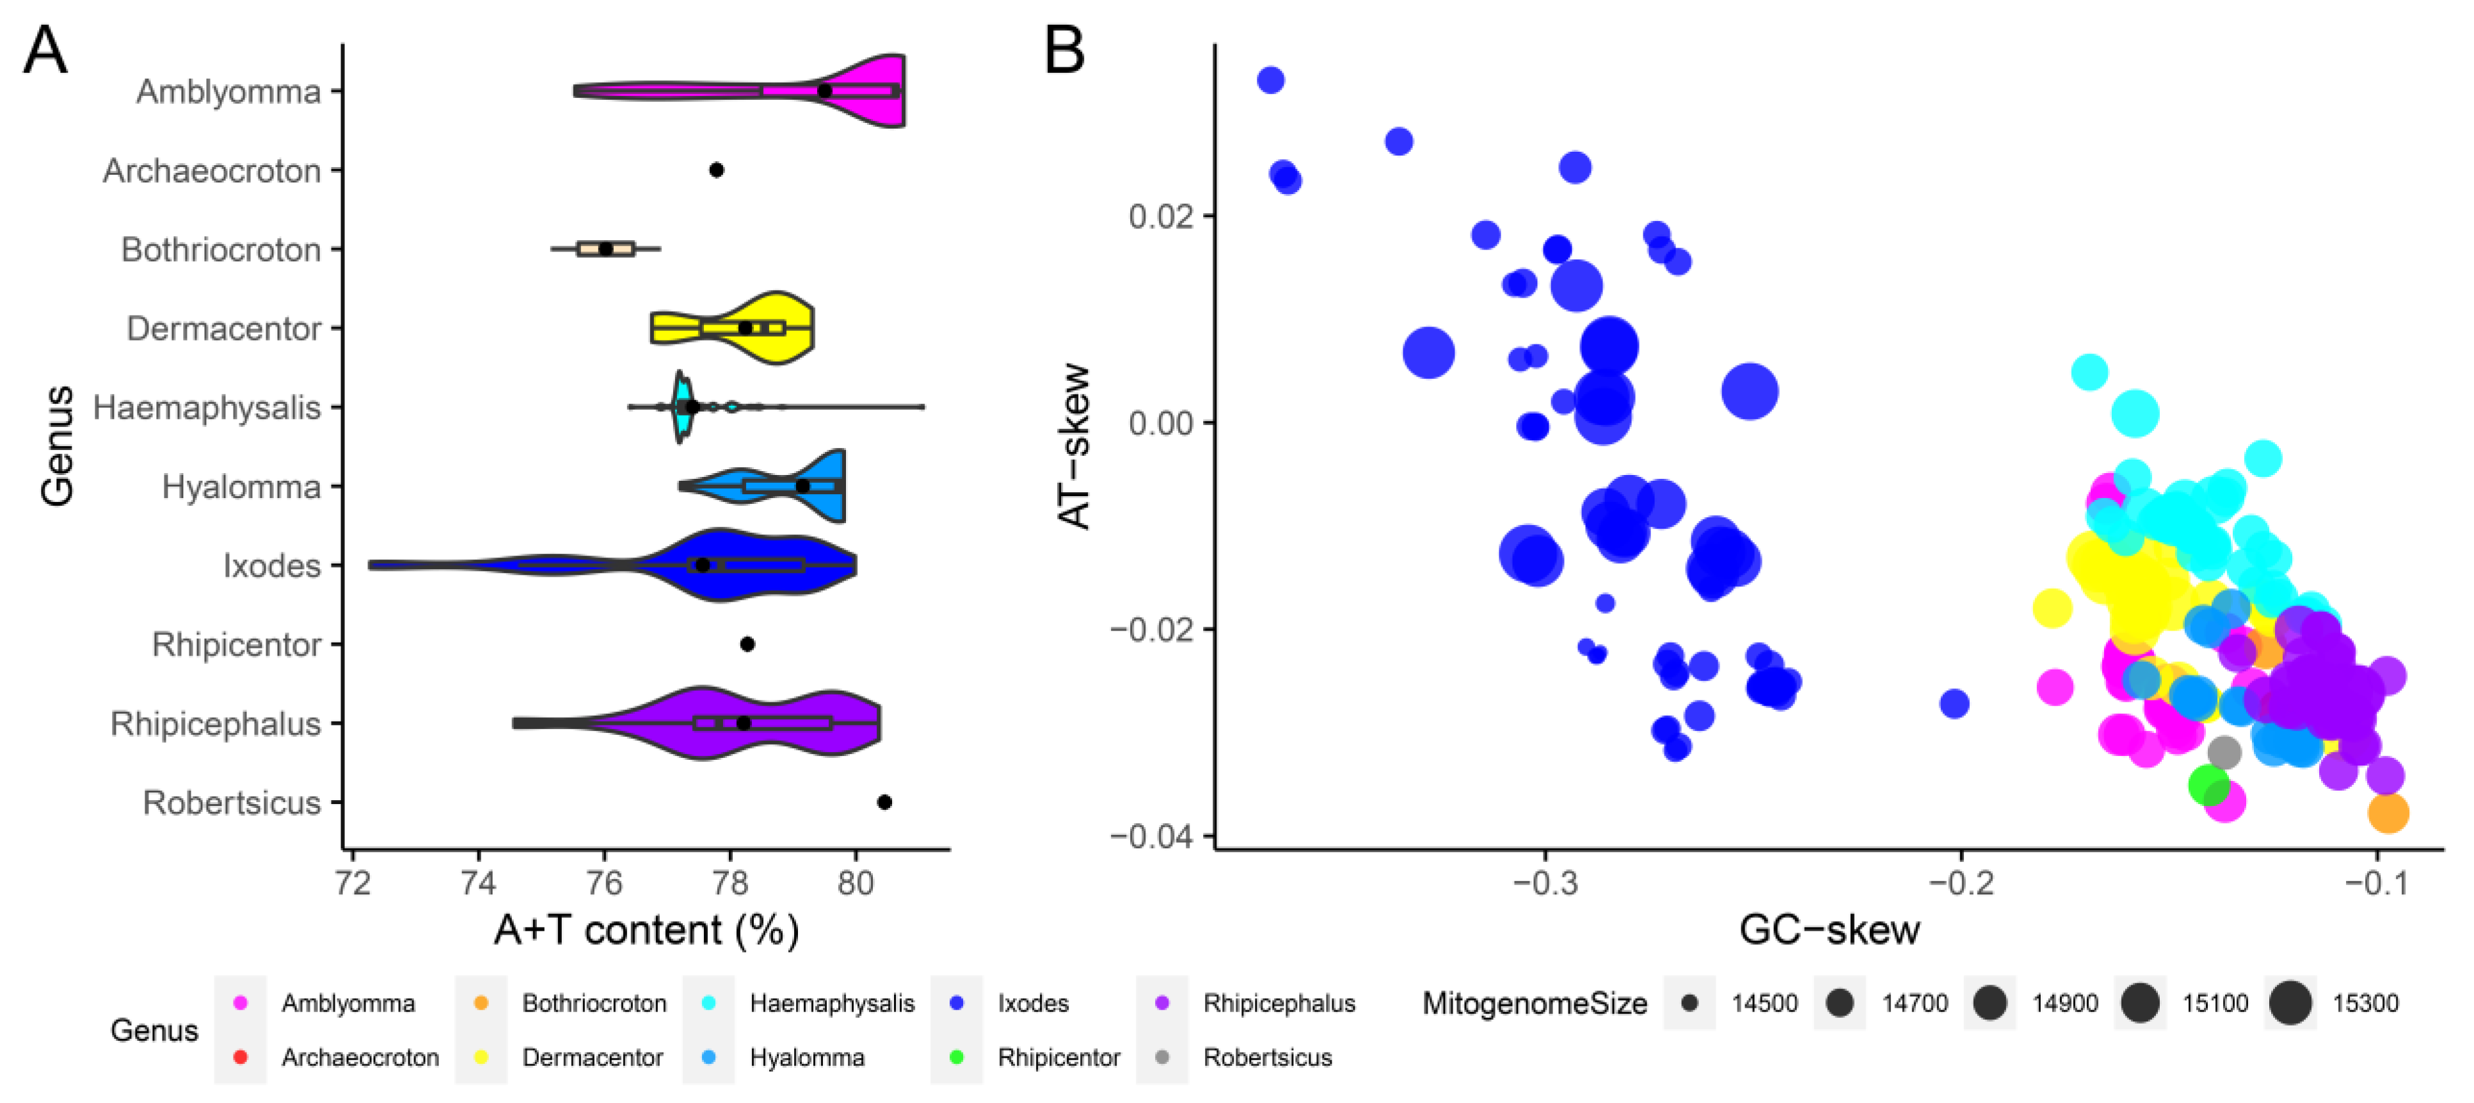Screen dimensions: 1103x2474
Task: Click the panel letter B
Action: click(x=1064, y=51)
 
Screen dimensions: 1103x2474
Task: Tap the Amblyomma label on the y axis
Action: click(x=228, y=92)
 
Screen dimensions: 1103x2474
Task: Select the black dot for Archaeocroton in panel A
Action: click(x=715, y=170)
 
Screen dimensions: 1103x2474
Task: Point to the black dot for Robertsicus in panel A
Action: click(x=884, y=802)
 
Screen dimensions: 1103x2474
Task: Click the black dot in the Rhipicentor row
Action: click(x=747, y=644)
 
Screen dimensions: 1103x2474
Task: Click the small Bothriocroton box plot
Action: click(x=605, y=249)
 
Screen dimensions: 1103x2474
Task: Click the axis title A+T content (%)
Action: click(x=646, y=930)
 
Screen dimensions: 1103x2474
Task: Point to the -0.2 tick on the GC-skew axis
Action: click(x=1960, y=882)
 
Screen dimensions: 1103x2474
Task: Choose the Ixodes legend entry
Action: click(x=1032, y=1003)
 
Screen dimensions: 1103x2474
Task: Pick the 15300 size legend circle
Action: click(x=2290, y=1003)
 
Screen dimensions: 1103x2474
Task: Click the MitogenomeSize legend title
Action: click(x=1534, y=1003)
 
